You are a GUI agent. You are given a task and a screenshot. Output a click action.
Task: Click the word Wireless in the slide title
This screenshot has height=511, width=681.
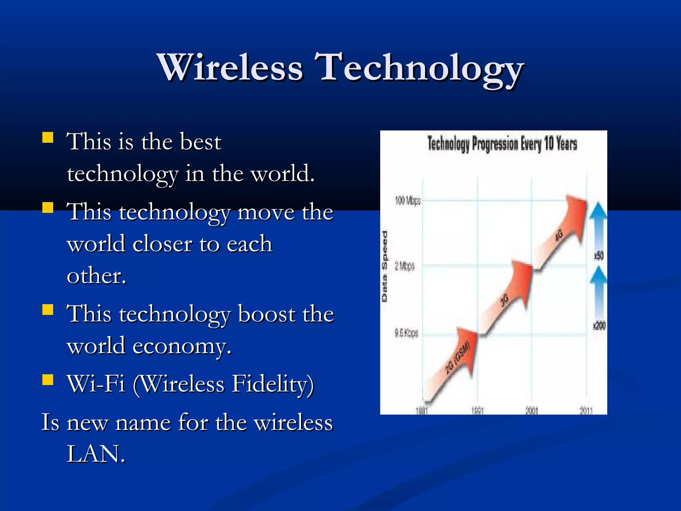[x=230, y=68]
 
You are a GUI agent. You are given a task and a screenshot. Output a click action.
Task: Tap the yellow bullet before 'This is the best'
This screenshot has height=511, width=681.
[x=48, y=137]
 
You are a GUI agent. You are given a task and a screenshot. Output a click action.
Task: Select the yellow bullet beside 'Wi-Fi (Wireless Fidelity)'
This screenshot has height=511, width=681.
[x=48, y=379]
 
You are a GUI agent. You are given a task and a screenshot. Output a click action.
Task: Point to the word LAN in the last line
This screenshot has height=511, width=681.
[x=96, y=454]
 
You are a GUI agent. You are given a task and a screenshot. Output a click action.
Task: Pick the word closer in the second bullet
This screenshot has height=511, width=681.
[x=162, y=244]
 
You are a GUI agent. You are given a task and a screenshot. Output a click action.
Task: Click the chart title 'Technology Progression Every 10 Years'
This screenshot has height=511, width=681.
[x=502, y=144]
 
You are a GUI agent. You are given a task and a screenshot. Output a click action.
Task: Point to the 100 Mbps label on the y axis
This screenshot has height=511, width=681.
[x=408, y=201]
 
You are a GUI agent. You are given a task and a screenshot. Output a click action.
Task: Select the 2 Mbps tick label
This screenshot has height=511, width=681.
[x=404, y=266]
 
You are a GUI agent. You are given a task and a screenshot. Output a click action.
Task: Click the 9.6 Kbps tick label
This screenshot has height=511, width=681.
[x=406, y=333]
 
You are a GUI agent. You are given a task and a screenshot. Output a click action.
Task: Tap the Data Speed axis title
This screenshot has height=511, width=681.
[x=384, y=266]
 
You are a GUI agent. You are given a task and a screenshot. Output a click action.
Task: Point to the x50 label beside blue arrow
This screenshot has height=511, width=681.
[x=599, y=256]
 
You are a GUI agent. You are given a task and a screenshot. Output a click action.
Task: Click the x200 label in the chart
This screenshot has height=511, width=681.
[x=599, y=325]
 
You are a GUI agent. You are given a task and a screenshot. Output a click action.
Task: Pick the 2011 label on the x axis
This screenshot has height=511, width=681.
[x=586, y=411]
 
